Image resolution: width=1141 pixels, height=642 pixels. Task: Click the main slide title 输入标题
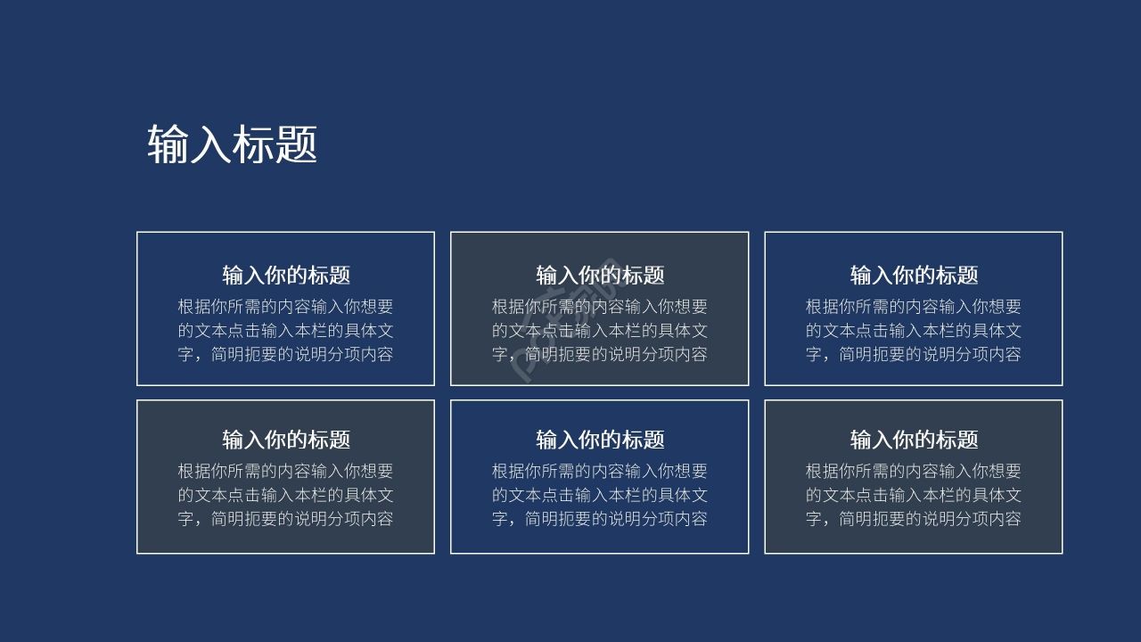[232, 144]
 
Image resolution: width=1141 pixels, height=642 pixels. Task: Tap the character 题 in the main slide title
[296, 144]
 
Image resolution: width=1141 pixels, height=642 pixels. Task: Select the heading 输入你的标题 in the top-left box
[286, 275]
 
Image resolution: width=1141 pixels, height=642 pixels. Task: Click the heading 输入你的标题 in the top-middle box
[600, 275]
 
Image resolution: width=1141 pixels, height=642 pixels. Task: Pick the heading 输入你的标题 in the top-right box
[914, 275]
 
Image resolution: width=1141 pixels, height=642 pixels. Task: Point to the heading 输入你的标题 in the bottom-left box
[286, 440]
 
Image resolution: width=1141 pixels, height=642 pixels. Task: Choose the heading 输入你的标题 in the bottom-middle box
[600, 440]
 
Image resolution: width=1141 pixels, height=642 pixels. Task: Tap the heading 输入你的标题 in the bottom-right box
[914, 440]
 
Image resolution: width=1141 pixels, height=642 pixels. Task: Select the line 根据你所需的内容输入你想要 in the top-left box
[285, 307]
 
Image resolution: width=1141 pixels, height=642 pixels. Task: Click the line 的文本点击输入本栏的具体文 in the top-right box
[914, 330]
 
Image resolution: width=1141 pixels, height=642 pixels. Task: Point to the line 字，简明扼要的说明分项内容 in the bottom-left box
[285, 518]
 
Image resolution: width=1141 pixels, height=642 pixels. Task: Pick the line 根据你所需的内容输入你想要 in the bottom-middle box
[600, 471]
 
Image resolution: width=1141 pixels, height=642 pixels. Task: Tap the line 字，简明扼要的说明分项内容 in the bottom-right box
[914, 518]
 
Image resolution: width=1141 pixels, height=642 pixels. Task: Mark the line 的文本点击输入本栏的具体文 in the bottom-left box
[285, 495]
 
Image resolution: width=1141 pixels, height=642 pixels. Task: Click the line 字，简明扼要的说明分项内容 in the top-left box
[285, 354]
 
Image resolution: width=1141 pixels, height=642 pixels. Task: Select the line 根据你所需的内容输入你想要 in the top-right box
[914, 307]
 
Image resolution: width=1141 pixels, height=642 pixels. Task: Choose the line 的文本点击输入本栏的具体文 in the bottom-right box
[914, 495]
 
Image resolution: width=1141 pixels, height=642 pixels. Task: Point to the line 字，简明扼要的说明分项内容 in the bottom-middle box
[600, 518]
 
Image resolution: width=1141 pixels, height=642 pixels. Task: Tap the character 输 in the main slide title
[168, 144]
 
